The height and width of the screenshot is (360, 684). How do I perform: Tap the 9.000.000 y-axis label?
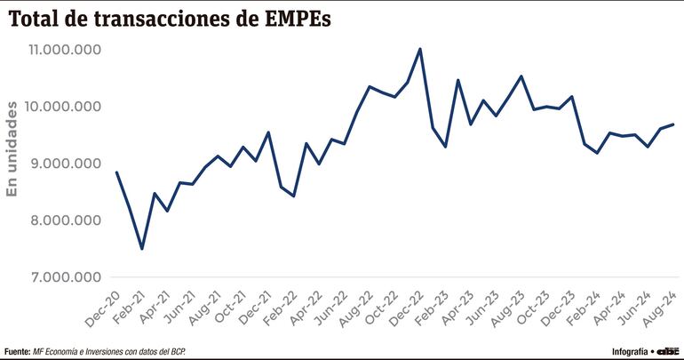tap(64, 164)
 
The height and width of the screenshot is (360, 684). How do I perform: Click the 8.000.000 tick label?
tap(64, 220)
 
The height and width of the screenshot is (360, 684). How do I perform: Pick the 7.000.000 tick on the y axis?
tap(64, 277)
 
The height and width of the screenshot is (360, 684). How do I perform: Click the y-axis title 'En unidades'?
tap(12, 149)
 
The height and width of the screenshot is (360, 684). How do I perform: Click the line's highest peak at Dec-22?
tap(420, 49)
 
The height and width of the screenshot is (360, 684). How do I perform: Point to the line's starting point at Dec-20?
tap(116, 172)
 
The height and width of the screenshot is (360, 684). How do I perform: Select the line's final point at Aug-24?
tap(673, 124)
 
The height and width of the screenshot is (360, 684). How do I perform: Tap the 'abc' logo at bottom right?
tap(668, 349)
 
